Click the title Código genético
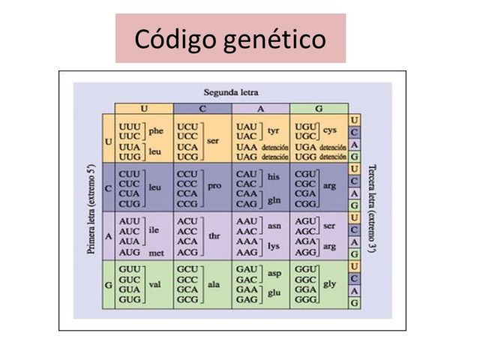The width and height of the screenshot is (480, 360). click(x=229, y=38)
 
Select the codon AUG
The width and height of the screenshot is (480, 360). click(x=130, y=253)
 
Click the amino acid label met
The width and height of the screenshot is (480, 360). click(x=156, y=253)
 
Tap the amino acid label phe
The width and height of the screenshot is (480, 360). click(x=156, y=130)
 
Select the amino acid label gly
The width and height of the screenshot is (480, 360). click(x=328, y=283)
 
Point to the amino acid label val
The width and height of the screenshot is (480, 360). click(x=156, y=283)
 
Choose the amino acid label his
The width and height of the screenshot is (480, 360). click(x=274, y=176)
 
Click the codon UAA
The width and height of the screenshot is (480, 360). click(x=247, y=148)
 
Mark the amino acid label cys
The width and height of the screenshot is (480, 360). click(x=330, y=130)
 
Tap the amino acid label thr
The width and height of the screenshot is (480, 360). click(x=214, y=235)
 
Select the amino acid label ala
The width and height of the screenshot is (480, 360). click(x=214, y=283)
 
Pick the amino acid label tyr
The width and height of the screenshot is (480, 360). click(x=274, y=130)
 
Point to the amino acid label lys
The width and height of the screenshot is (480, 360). click(x=274, y=245)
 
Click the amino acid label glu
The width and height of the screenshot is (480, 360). click(x=274, y=294)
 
